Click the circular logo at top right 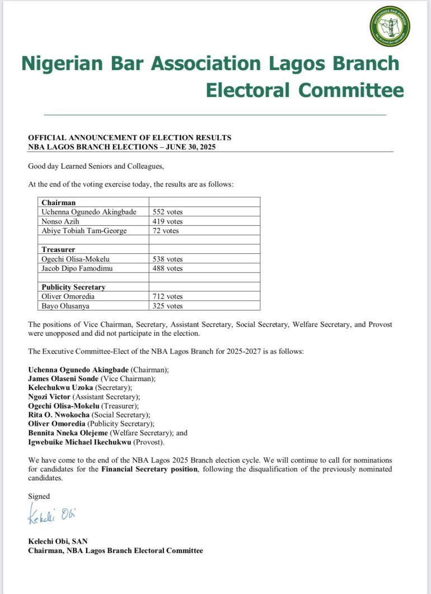(x=390, y=26)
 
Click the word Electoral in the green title (x=248, y=90)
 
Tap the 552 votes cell (x=167, y=212)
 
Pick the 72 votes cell (x=166, y=231)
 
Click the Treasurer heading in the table (x=58, y=249)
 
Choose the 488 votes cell (x=167, y=268)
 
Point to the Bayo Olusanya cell (x=65, y=306)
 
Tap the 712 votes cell (x=167, y=296)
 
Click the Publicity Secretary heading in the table (x=73, y=287)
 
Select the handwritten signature (x=51, y=514)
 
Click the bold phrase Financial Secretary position (x=149, y=468)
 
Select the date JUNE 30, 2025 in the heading (x=189, y=147)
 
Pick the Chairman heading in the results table (x=59, y=203)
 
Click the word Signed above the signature (x=39, y=496)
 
